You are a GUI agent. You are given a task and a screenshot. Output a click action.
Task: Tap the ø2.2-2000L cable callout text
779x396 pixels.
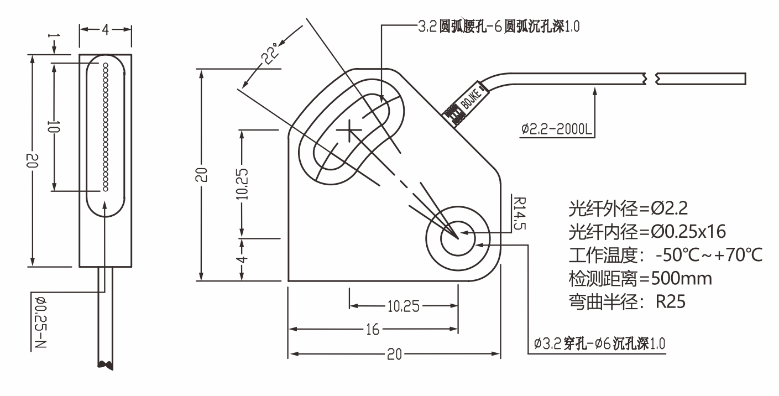[x=556, y=131]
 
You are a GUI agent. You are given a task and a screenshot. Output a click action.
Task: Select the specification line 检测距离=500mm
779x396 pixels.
[x=640, y=278]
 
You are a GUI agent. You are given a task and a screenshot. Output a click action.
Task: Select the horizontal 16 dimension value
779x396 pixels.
[x=373, y=330]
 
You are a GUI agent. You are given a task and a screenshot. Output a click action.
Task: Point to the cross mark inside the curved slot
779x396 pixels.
[x=349, y=131]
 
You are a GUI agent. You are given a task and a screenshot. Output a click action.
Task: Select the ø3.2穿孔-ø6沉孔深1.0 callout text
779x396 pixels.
[x=600, y=343]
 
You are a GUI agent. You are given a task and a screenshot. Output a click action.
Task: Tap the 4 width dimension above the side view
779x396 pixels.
[x=105, y=29]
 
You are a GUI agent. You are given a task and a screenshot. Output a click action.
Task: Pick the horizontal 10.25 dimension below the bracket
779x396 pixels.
[x=404, y=306]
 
